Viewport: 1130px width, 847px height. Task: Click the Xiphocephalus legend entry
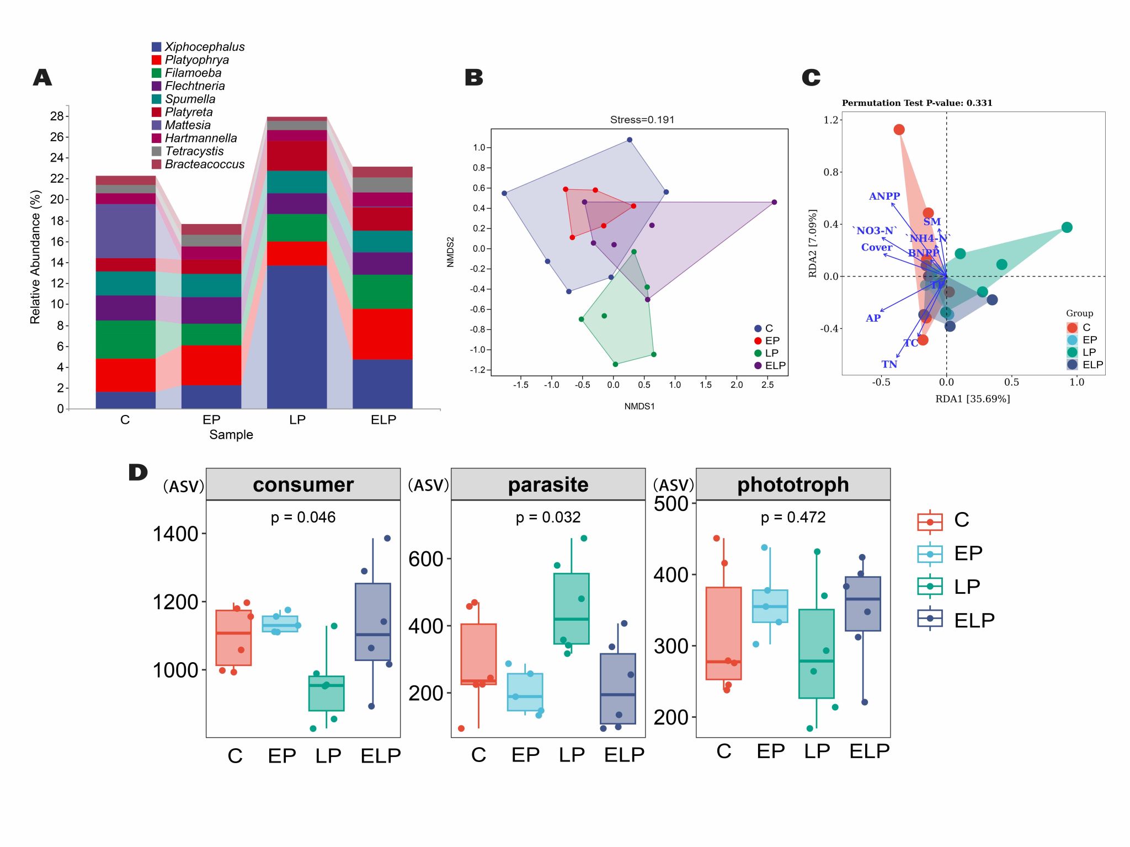[x=204, y=47]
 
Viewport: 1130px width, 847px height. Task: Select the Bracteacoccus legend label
[x=204, y=164]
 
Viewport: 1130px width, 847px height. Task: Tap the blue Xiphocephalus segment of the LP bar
[x=297, y=337]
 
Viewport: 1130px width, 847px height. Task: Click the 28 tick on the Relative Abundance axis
[x=57, y=116]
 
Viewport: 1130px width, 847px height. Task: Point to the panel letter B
[x=474, y=77]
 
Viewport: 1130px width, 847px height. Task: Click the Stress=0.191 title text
[x=642, y=120]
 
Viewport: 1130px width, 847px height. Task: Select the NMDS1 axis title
[x=639, y=406]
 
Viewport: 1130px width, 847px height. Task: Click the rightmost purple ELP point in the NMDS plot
[x=774, y=203]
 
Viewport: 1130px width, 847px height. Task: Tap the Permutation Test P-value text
[x=916, y=103]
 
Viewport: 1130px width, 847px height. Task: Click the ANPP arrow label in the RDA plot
[x=884, y=196]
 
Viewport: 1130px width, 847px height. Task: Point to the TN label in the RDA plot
[x=889, y=364]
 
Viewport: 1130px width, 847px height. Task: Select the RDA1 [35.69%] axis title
[x=972, y=399]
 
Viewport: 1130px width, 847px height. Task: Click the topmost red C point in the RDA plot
[x=899, y=130]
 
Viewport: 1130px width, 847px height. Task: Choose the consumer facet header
[x=303, y=484]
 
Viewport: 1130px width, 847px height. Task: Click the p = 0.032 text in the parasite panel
[x=548, y=518]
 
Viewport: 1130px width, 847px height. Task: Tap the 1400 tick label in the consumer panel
[x=175, y=534]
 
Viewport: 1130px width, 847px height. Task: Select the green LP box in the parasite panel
[x=571, y=609]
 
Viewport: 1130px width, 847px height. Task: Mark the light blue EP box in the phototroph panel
[x=770, y=606]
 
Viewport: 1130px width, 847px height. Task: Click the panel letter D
[x=138, y=472]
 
